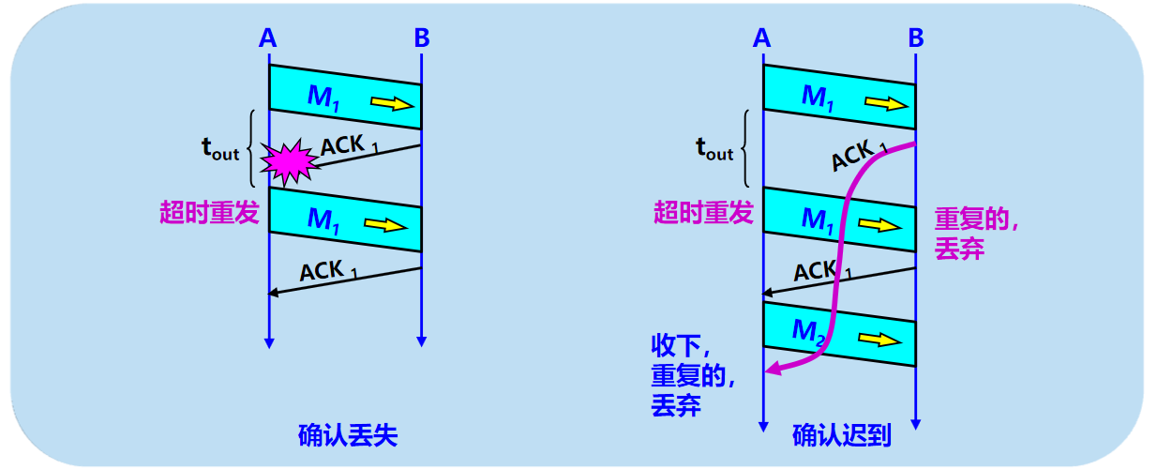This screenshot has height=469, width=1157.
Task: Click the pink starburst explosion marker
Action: tap(288, 161)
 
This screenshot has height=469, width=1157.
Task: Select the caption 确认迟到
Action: tap(841, 435)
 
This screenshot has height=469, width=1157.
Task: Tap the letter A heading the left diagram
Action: tap(268, 38)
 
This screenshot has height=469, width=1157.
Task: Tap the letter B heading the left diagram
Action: tap(422, 38)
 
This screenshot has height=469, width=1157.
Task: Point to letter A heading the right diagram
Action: tap(762, 38)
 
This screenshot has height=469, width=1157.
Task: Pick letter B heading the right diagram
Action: tap(916, 38)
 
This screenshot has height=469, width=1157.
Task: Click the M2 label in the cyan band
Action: tap(807, 331)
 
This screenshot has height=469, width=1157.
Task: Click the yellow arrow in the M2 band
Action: tap(880, 339)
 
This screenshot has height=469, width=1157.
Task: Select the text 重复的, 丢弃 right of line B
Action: tap(976, 234)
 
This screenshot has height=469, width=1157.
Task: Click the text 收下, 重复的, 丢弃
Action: tap(692, 375)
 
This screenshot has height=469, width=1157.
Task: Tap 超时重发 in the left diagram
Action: tap(208, 213)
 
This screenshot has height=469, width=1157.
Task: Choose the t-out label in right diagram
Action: tap(714, 147)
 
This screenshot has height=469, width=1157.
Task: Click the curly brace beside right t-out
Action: tap(746, 149)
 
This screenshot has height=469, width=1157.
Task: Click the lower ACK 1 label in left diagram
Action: tap(328, 272)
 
